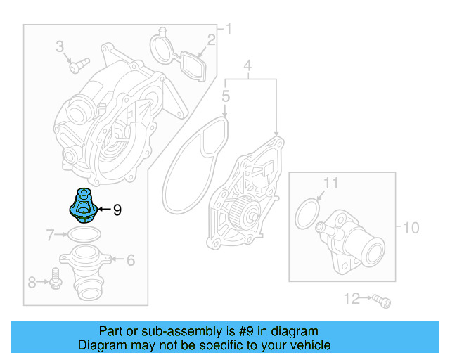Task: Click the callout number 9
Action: (117, 209)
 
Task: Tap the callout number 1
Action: (228, 29)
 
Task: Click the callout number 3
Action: (60, 47)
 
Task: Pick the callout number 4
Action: (247, 67)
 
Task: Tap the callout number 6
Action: (130, 259)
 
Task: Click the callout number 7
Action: (50, 233)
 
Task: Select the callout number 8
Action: (32, 283)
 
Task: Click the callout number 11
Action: (330, 184)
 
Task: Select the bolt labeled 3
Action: (76, 65)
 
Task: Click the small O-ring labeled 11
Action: (307, 213)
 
